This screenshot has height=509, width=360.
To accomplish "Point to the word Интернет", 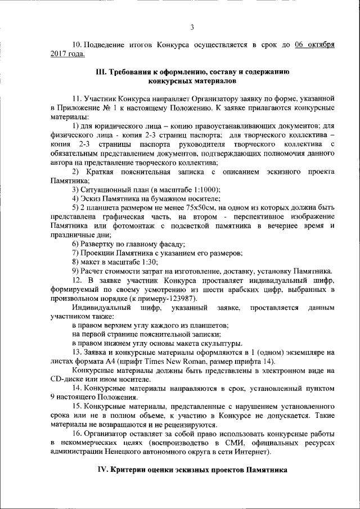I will pos(250,452).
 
